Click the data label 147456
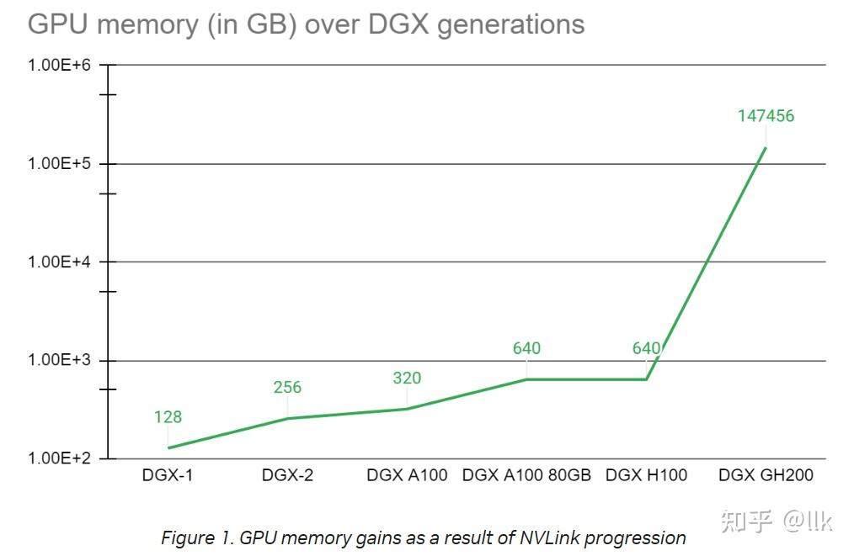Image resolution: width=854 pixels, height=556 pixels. [x=766, y=116]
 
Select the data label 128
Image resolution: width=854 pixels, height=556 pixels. [x=168, y=417]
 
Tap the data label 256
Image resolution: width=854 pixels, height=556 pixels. [x=287, y=388]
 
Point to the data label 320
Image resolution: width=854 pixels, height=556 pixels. [x=407, y=379]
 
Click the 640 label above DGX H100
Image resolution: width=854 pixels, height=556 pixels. [x=646, y=348]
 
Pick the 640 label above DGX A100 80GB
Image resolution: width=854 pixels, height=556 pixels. [x=526, y=348]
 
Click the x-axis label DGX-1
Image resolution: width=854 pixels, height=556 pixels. [x=168, y=475]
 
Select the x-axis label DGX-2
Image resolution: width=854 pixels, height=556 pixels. [x=287, y=475]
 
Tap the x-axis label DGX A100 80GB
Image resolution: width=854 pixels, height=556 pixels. [x=526, y=475]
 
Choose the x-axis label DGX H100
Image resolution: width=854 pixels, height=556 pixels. [x=646, y=475]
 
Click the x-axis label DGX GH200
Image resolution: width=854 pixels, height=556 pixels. [x=766, y=475]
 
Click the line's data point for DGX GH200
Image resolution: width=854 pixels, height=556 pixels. [x=766, y=148]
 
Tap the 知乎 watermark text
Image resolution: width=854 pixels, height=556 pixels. [x=746, y=522]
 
